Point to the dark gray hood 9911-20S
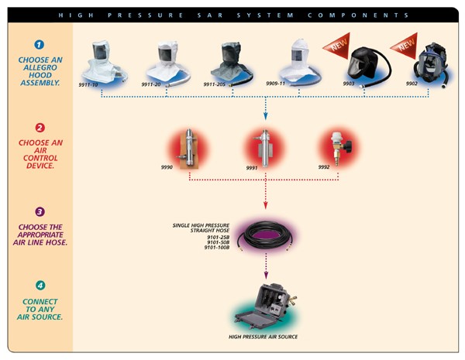pyautogui.click(x=232, y=57)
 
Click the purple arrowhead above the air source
pyautogui.click(x=266, y=275)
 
